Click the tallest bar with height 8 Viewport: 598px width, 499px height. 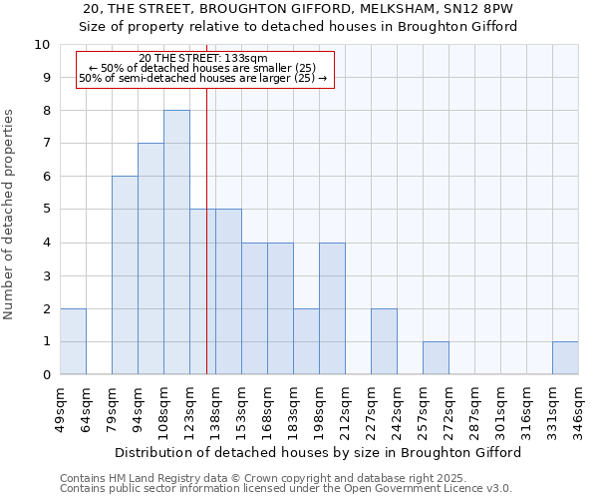point(176,243)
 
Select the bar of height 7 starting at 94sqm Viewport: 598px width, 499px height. point(150,259)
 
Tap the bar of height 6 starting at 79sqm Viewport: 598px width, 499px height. point(125,275)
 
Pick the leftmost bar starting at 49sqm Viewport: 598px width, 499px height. point(73,341)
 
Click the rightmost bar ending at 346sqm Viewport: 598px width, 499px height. point(565,358)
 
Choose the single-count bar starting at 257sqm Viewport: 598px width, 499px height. point(436,358)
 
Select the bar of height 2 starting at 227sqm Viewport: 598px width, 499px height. point(384,341)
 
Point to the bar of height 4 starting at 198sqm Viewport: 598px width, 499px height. point(332,308)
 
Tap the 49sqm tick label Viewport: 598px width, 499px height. point(61,410)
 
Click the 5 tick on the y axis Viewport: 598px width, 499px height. point(46,210)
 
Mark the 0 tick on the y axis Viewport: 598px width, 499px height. point(46,375)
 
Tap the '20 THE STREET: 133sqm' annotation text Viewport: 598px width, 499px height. point(203,58)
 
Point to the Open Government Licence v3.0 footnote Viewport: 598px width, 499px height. point(286,489)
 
